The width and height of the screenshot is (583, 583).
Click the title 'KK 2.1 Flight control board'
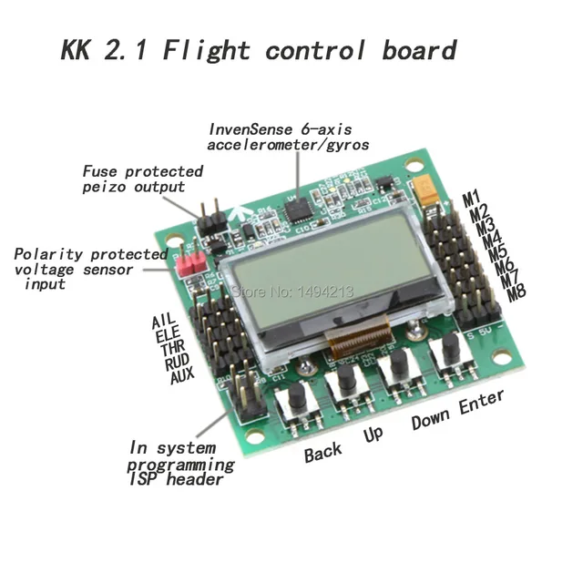pos(258,50)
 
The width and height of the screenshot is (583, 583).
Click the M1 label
pos(471,197)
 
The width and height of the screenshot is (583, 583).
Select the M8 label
pos(517,292)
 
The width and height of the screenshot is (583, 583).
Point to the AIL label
pos(162,320)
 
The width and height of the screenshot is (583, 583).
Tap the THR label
pos(171,347)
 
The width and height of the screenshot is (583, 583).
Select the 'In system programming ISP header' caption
pos(179,464)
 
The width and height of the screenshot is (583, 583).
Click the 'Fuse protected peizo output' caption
pos(142,179)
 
